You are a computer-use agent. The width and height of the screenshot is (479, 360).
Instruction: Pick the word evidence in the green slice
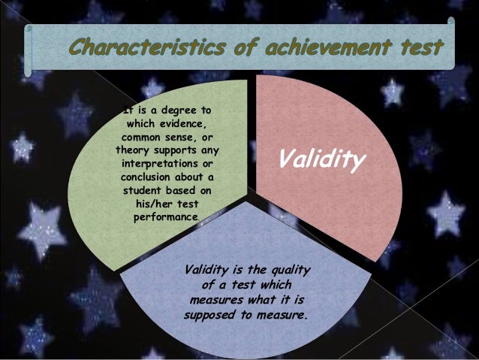pos(183,123)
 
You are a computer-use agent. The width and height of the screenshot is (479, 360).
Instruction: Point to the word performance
pos(165,217)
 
